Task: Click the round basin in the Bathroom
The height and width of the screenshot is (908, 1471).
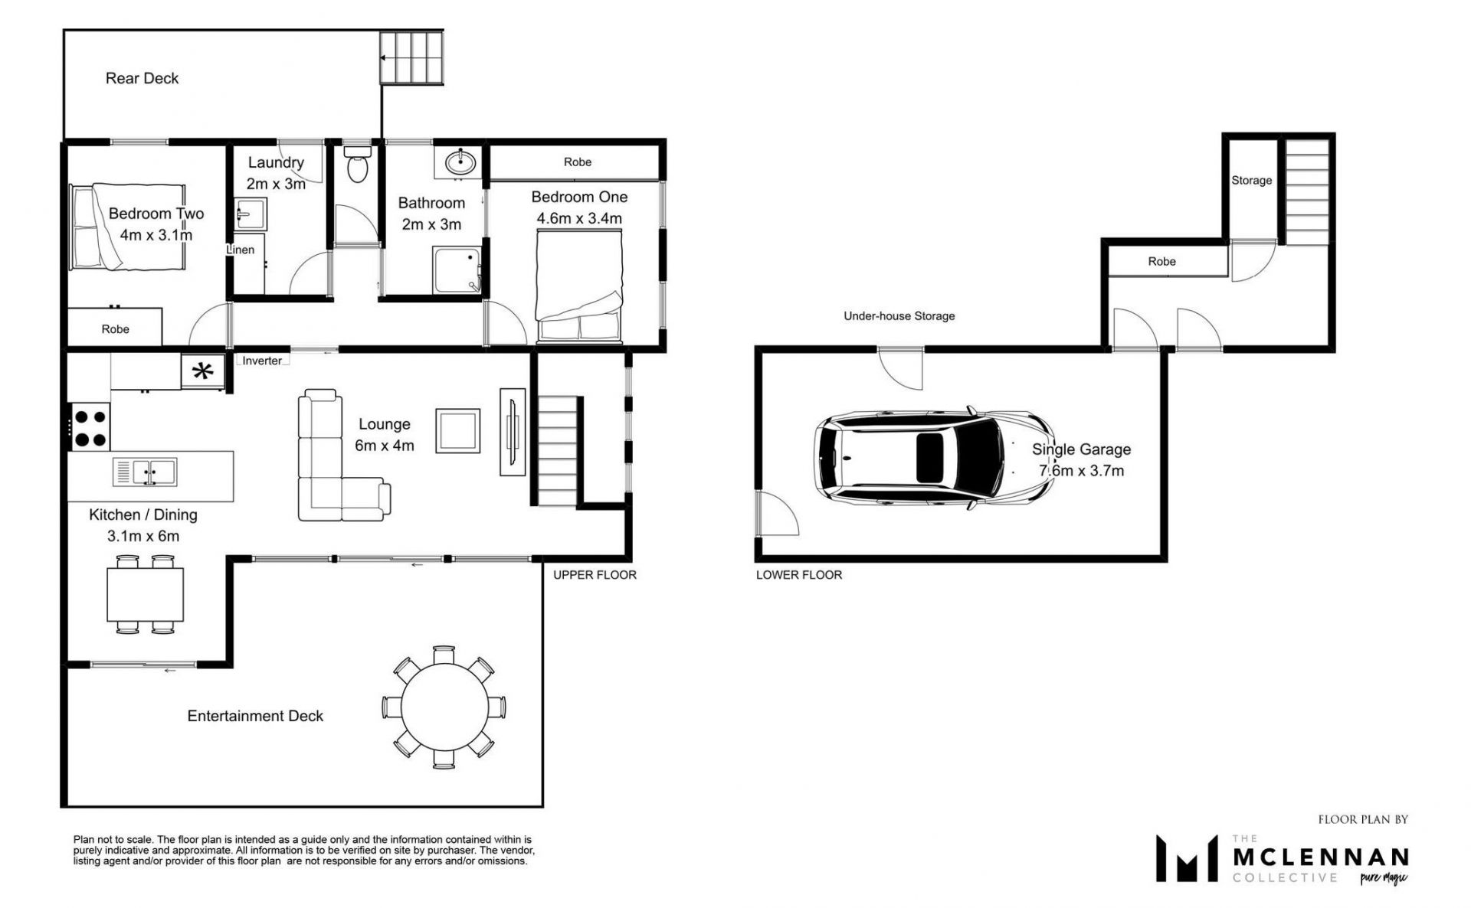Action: [460, 162]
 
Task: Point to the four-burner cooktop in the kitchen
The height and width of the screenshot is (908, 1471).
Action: [90, 426]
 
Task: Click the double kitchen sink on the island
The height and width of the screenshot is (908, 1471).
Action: [145, 472]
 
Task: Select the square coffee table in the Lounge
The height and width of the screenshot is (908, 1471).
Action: [458, 431]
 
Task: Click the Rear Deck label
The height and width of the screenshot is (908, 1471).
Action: [142, 78]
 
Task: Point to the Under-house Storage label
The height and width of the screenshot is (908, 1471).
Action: [899, 315]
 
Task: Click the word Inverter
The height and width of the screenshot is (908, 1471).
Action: [262, 361]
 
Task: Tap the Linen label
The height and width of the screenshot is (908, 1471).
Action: [240, 250]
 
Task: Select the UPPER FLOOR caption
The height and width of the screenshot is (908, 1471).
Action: [595, 574]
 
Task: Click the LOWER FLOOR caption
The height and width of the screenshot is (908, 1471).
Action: [799, 574]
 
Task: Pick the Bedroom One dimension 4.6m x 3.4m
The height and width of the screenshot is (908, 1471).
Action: [579, 218]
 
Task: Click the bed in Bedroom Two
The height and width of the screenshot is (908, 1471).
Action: [128, 227]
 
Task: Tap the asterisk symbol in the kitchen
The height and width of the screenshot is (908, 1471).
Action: [202, 372]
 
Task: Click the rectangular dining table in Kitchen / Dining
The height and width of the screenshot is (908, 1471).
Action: [146, 594]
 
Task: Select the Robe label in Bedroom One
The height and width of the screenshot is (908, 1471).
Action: [578, 162]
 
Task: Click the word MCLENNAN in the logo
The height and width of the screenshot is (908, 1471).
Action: [1321, 856]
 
